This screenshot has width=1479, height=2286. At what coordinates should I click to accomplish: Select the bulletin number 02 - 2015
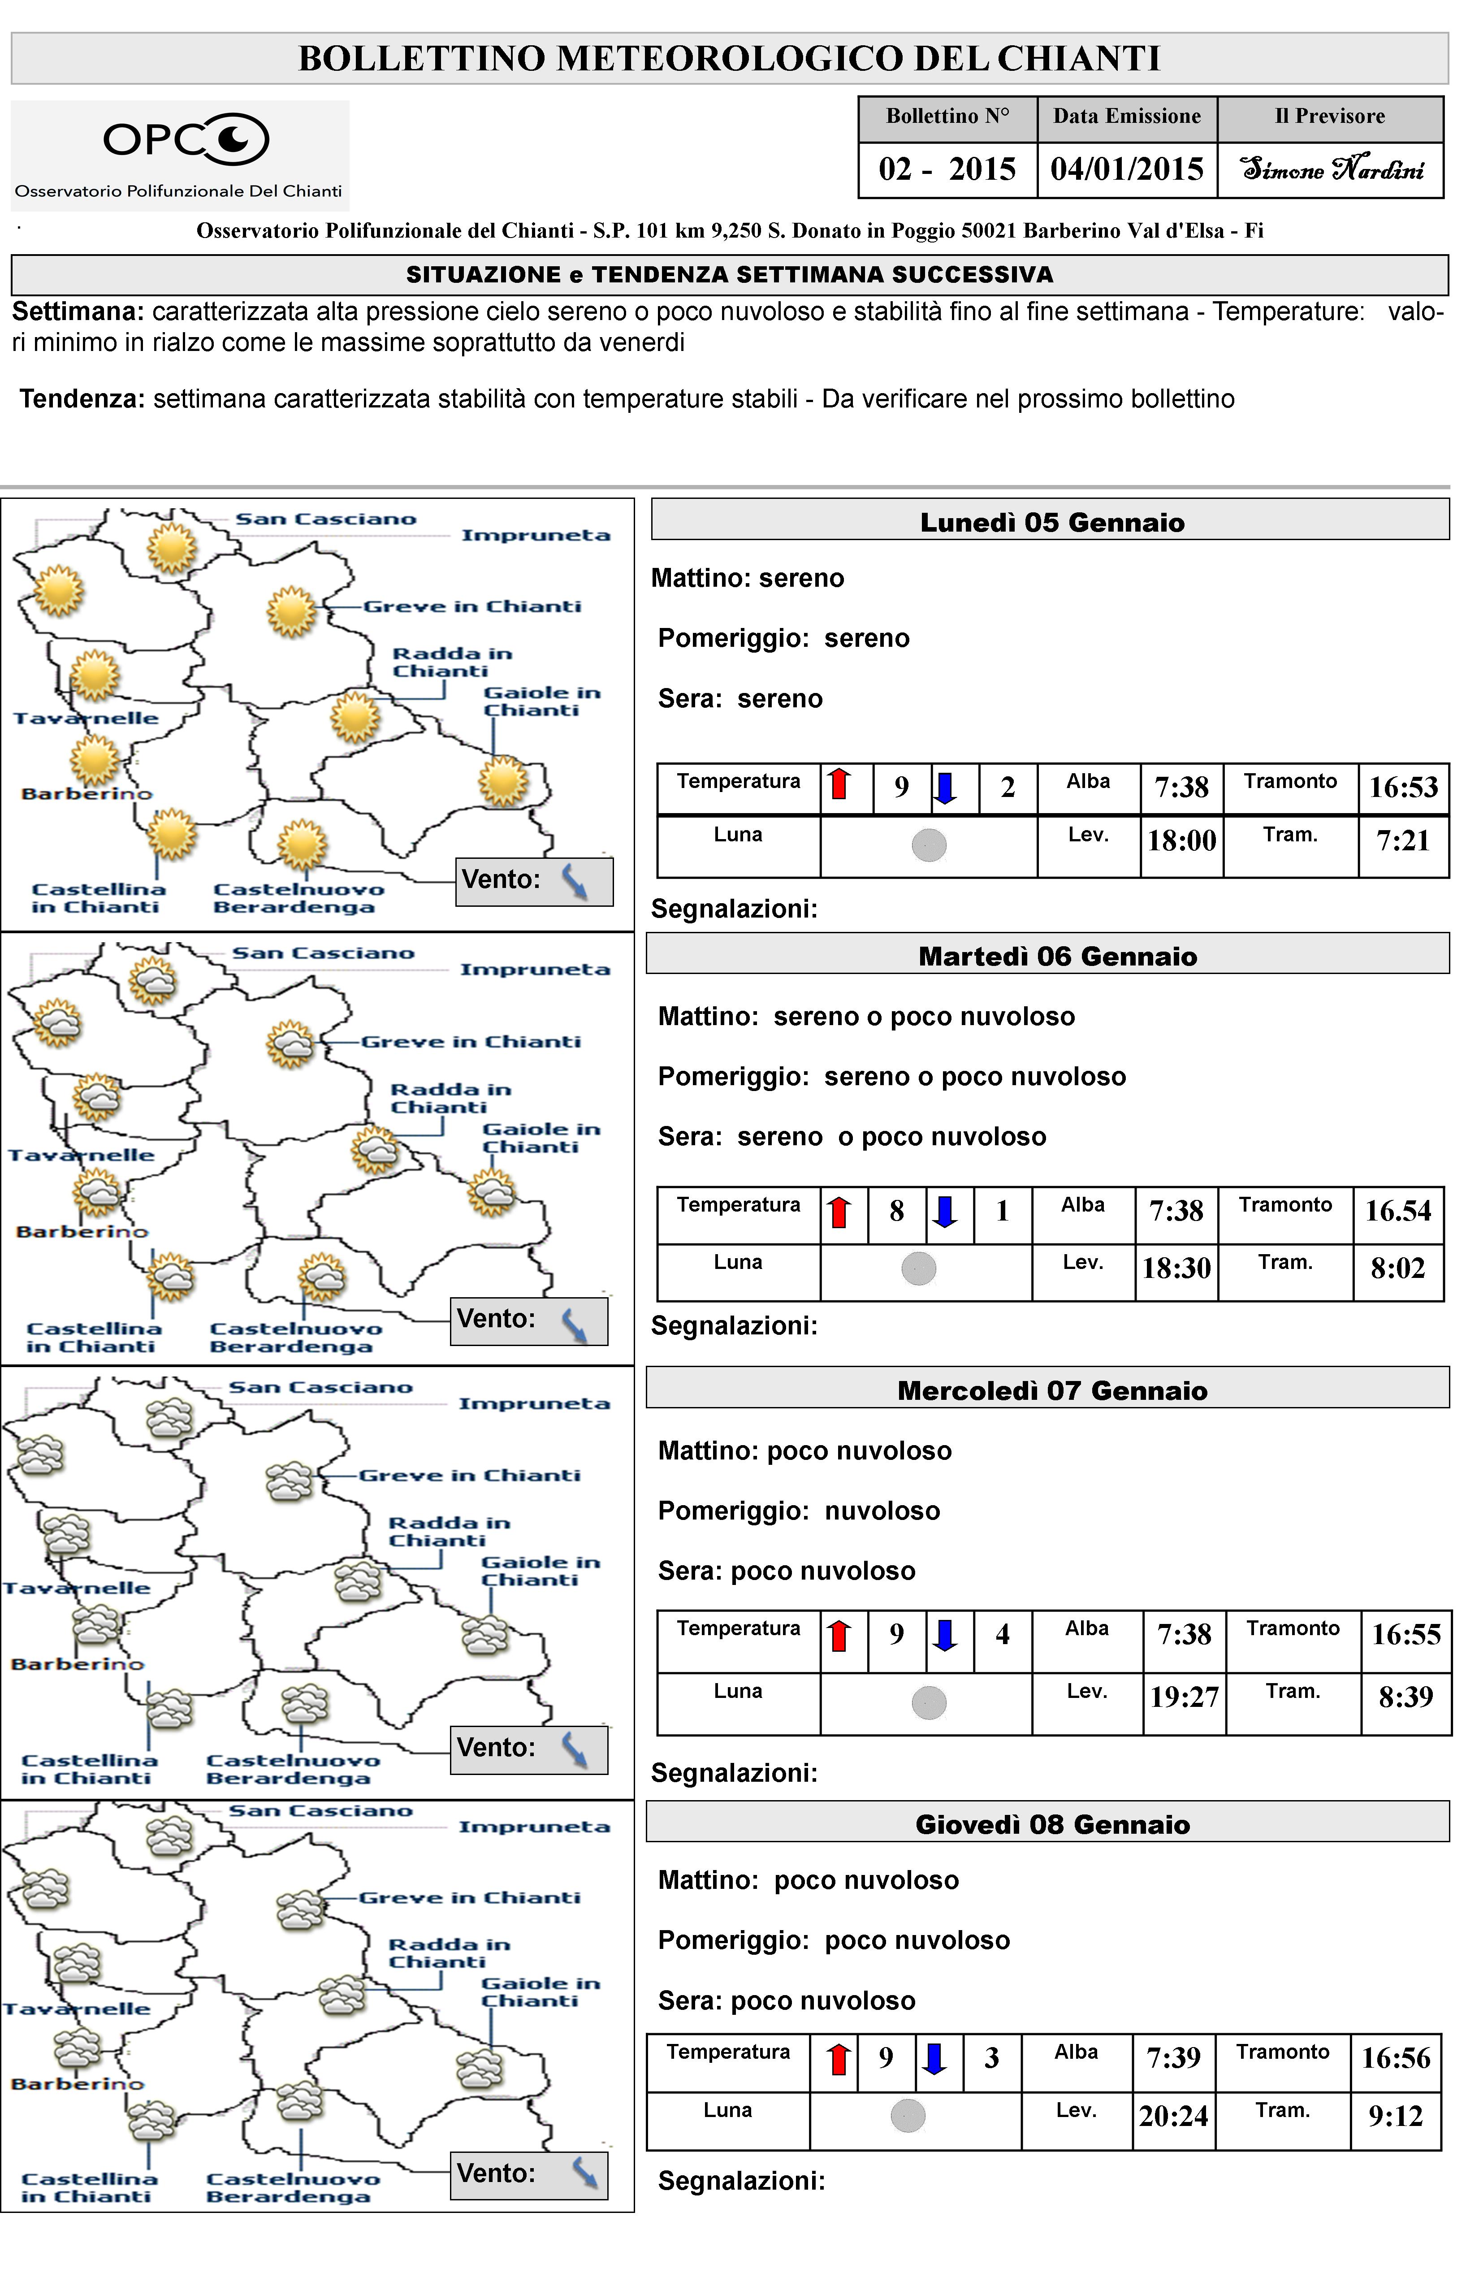(947, 169)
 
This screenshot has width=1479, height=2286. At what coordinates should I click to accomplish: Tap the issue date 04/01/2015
(1127, 169)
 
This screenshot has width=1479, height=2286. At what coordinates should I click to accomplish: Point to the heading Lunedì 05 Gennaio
(1051, 523)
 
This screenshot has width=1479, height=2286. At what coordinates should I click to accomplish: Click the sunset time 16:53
(1403, 788)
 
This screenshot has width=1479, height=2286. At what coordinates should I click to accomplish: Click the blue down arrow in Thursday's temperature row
(934, 2057)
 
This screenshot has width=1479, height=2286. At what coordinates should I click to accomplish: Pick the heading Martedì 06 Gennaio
(1057, 957)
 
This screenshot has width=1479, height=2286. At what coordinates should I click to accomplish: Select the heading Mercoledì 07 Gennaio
(1051, 1391)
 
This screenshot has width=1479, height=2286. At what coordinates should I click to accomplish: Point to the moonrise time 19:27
(1184, 1697)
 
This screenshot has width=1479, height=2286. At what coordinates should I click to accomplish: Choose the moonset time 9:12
(1396, 2116)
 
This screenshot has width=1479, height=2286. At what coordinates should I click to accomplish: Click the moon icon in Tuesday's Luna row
(919, 1269)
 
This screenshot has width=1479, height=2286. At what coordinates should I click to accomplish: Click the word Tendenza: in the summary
(82, 398)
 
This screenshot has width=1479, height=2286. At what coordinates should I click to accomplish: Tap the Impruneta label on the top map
(536, 535)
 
